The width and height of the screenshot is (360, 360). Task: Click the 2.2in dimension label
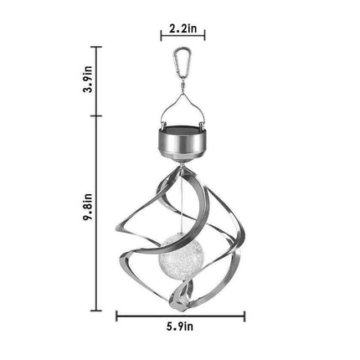click(x=183, y=28)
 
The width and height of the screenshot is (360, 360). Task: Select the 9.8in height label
click(x=87, y=208)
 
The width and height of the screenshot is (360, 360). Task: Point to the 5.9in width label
click(x=180, y=326)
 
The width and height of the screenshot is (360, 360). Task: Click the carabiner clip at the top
click(x=183, y=63)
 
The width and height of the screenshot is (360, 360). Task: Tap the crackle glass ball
click(x=182, y=253)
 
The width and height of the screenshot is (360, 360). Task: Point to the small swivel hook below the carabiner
click(x=183, y=86)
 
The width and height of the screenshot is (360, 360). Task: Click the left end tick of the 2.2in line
click(x=161, y=34)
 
